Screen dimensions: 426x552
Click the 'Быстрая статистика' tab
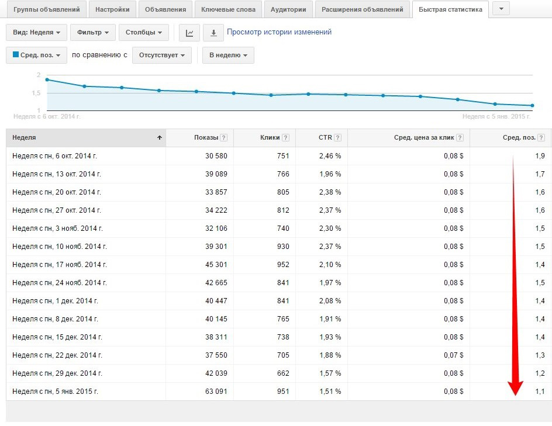click(x=450, y=9)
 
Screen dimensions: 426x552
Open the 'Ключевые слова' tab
click(x=228, y=9)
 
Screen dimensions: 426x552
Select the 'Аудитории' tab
click(x=288, y=9)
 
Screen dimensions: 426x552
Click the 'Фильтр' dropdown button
click(x=92, y=33)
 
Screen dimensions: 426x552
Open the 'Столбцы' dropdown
click(x=143, y=33)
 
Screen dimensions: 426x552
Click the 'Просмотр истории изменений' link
click(x=279, y=32)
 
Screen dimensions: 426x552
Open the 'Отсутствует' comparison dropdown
click(x=161, y=56)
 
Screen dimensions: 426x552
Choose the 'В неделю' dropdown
click(x=228, y=56)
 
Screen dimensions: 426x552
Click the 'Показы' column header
click(x=206, y=138)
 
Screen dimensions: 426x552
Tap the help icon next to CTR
click(x=338, y=138)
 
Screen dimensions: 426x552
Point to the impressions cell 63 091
click(x=214, y=392)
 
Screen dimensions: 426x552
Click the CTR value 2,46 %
click(x=330, y=156)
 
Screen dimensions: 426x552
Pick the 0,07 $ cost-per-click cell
click(x=453, y=355)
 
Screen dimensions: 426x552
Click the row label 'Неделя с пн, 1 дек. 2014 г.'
click(x=55, y=301)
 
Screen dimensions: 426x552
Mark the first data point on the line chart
click(x=47, y=79)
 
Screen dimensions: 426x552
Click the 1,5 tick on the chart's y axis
click(x=37, y=93)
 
